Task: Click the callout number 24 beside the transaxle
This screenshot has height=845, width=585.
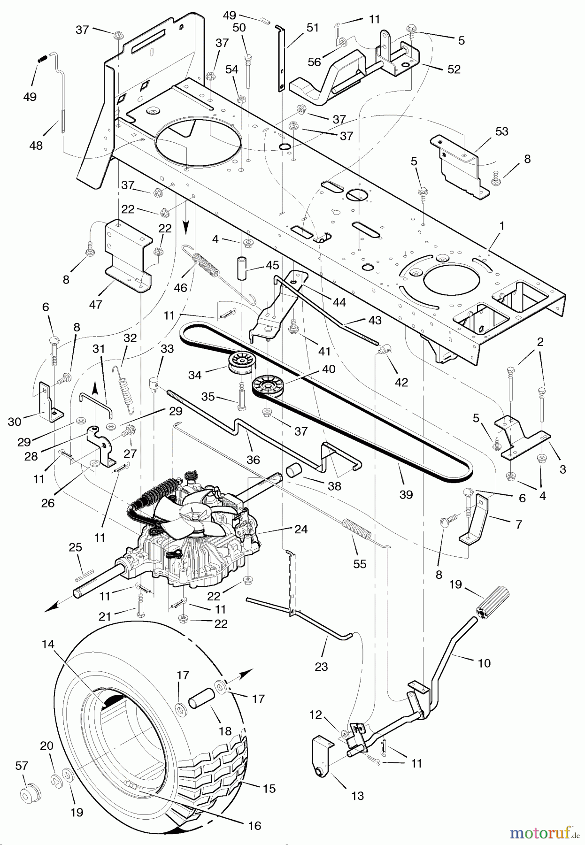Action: pos(301,529)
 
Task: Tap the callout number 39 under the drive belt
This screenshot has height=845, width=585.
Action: pos(406,494)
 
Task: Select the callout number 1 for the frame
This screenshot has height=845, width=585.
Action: pos(501,226)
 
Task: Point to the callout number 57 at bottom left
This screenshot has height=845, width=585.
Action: pos(22,766)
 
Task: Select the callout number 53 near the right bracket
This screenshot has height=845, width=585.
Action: pos(502,131)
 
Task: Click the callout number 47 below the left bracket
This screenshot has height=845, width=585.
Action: pos(96,305)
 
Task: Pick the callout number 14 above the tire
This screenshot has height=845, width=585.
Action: pos(48,645)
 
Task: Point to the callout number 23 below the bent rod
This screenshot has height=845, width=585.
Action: pos(321,666)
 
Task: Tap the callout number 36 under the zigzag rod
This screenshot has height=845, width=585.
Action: pos(253,460)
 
